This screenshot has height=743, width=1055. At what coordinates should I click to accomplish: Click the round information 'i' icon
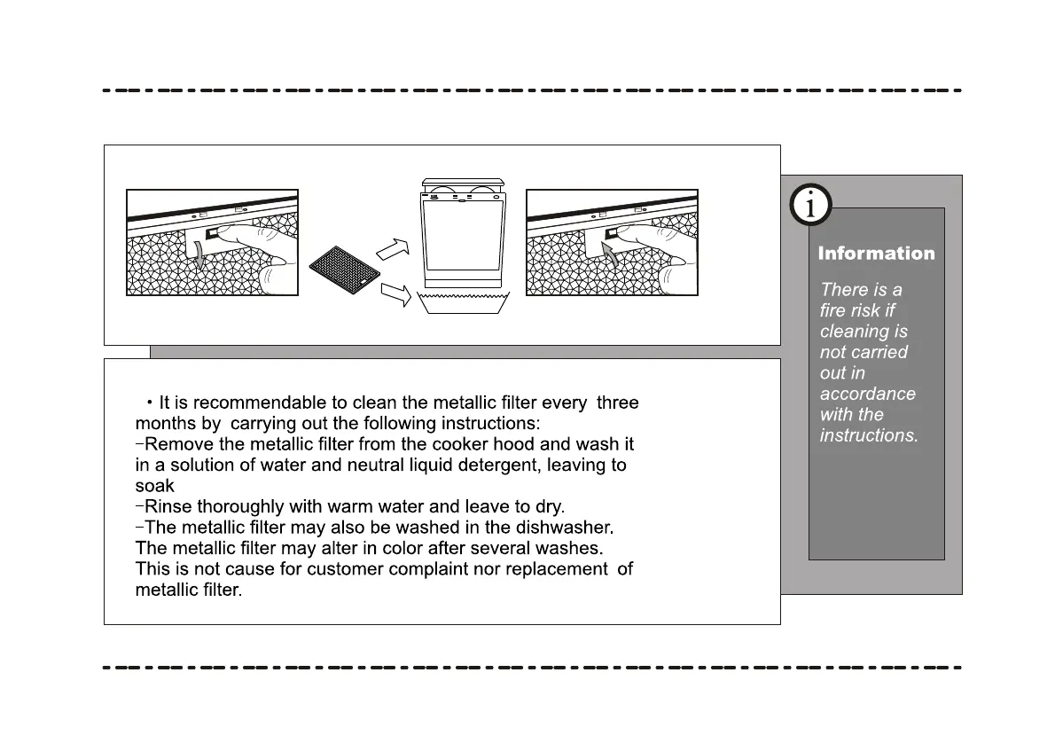pyautogui.click(x=809, y=206)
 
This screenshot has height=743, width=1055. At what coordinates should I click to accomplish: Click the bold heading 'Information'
pyautogui.click(x=876, y=254)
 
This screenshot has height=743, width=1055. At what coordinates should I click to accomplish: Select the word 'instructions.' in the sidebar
pyautogui.click(x=869, y=435)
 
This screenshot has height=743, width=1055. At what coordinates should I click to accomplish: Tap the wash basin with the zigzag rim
pyautogui.click(x=463, y=301)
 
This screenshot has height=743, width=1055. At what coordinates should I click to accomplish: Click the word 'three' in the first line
pyautogui.click(x=618, y=403)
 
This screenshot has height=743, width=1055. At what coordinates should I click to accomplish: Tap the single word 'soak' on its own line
pyautogui.click(x=154, y=486)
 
